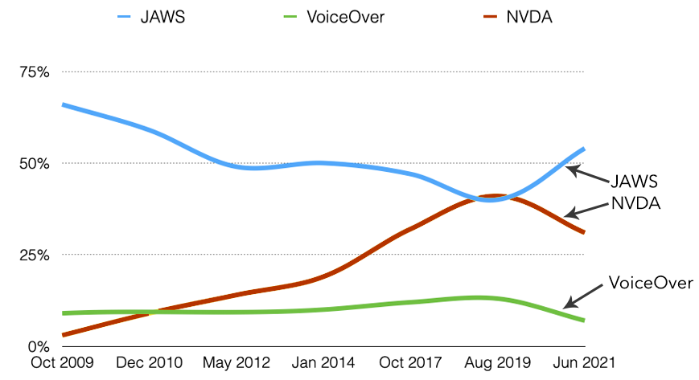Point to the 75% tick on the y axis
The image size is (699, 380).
tap(34, 72)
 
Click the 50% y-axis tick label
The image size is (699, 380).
tap(34, 163)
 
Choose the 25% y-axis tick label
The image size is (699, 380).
tap(34, 255)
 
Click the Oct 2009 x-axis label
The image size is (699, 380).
tap(62, 363)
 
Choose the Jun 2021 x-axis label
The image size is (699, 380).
tap(583, 363)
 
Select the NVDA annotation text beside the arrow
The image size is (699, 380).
tap(635, 203)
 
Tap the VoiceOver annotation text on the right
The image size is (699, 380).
tap(650, 283)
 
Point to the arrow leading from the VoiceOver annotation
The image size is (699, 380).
tap(585, 295)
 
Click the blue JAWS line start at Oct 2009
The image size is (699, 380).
tap(64, 105)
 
